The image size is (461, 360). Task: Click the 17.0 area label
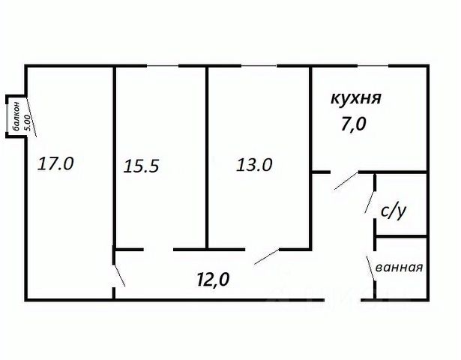tap(55, 163)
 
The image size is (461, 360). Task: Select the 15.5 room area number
tap(141, 166)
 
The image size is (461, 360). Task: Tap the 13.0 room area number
tap(254, 165)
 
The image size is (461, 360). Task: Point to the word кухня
tap(356, 98)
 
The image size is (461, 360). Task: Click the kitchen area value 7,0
tap(353, 124)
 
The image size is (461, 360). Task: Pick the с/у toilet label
tap(394, 211)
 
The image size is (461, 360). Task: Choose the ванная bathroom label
tap(400, 267)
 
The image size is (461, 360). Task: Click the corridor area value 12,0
tap(213, 279)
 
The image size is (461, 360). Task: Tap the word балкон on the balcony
tap(16, 116)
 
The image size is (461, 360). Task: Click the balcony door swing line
tap(31, 116)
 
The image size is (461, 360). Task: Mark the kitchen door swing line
tap(346, 180)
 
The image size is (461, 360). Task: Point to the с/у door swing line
tap(370, 202)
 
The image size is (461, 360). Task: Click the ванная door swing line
tap(371, 268)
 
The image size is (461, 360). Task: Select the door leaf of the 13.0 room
tap(267, 256)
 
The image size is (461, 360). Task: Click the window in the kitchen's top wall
tap(373, 65)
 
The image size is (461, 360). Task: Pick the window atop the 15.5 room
tap(163, 65)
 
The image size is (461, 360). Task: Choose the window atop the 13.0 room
tap(259, 65)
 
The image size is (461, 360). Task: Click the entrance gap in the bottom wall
tap(343, 300)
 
